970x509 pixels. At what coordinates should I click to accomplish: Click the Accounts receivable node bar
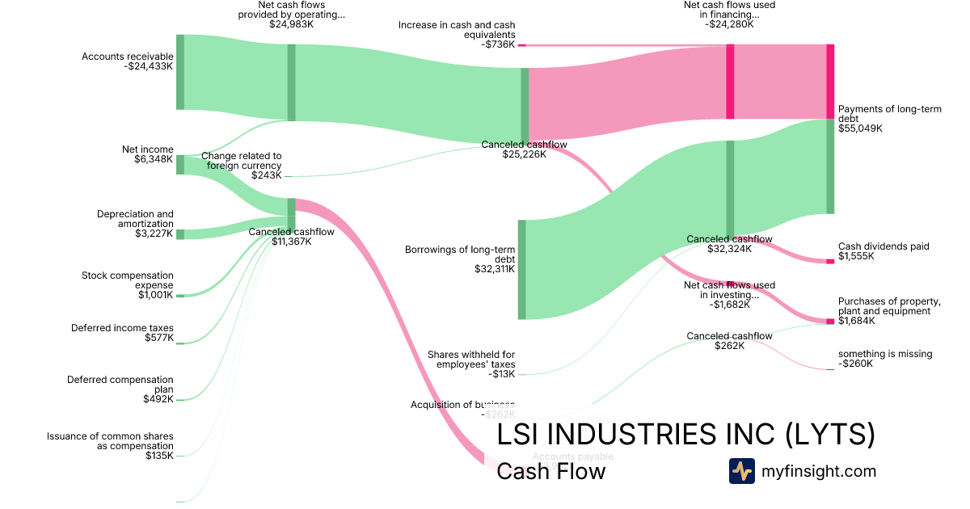point(180,72)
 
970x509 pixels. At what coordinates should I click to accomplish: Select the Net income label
point(147,149)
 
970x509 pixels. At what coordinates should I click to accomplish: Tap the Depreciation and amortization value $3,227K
point(154,234)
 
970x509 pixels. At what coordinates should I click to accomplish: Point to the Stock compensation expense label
point(127,280)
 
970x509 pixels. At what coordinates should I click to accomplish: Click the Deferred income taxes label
point(122,328)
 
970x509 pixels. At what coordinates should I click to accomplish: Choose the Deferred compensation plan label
point(120,384)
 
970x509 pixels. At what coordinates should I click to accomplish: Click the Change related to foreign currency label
point(241,161)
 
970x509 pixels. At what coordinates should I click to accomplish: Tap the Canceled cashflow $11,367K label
point(291,236)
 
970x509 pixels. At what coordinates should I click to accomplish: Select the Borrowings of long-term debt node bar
point(521,269)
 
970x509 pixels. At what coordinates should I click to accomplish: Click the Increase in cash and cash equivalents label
point(456,30)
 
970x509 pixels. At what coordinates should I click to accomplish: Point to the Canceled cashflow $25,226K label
point(524,149)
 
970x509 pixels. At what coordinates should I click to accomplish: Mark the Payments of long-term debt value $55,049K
point(860,128)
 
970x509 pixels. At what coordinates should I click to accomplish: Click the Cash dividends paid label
point(884,246)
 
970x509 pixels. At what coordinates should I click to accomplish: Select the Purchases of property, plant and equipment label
point(889,306)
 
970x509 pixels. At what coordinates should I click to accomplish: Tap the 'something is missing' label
point(884,354)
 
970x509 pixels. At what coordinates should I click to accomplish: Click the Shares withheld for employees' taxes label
point(470,360)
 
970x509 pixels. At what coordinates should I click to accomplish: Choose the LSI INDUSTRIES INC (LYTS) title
point(685,435)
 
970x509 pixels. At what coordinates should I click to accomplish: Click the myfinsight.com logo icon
point(741,471)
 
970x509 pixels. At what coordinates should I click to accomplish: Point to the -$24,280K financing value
point(729,24)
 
